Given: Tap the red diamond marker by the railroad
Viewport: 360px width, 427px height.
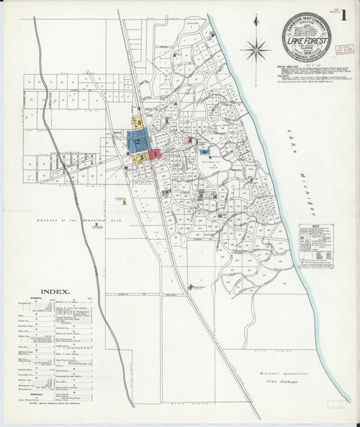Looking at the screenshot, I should pyautogui.click(x=192, y=287).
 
